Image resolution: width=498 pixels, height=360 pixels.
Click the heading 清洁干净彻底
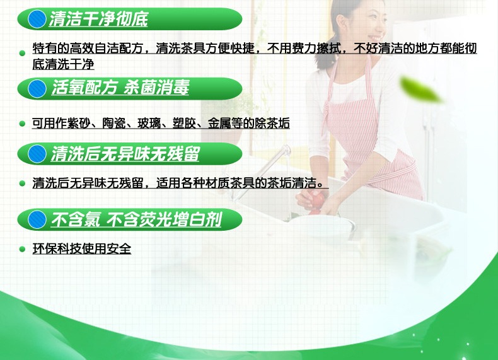coord(99,20)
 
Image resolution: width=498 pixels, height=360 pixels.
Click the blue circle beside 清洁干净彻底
coord(37,20)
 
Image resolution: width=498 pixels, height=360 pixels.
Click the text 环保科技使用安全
coord(82,249)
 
